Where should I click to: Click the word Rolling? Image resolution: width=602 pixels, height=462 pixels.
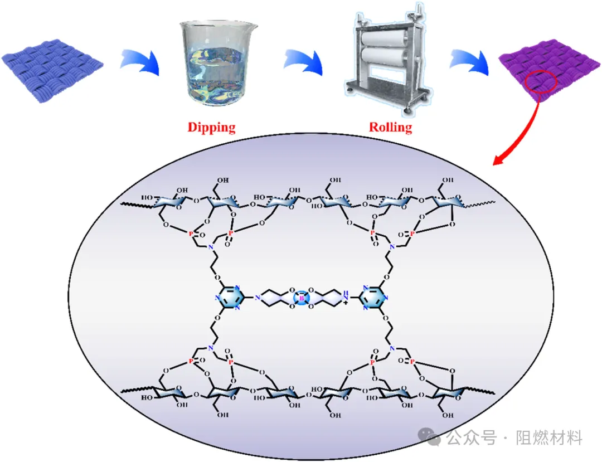pyautogui.click(x=390, y=128)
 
